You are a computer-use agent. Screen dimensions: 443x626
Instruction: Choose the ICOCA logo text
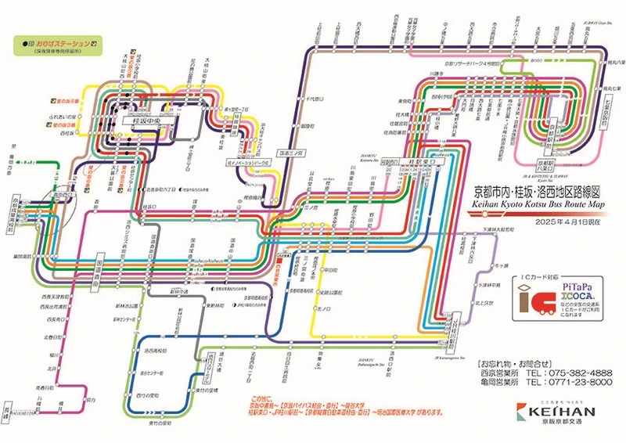(577, 298)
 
